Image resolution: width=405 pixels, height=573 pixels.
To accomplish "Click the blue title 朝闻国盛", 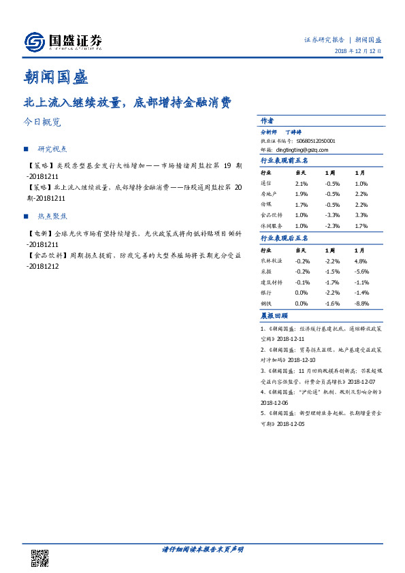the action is [x=55, y=77].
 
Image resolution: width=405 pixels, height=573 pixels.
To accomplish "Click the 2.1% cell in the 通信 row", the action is [x=302, y=184].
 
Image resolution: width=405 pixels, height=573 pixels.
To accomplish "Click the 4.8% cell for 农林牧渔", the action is [x=361, y=261].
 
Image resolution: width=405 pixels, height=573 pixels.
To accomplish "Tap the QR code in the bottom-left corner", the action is [x=40, y=557].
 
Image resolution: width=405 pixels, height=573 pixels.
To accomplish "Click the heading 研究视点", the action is [x=54, y=148].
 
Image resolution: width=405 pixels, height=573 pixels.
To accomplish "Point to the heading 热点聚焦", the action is [x=54, y=216].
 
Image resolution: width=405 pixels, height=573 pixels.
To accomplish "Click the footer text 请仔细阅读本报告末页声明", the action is [x=202, y=549].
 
